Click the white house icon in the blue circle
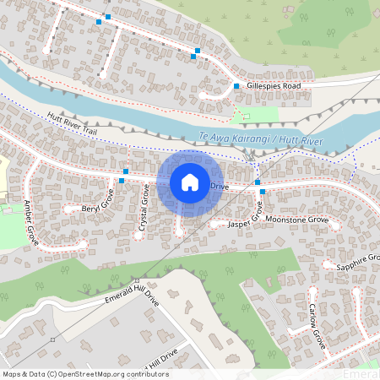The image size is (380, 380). pyautogui.click(x=190, y=182)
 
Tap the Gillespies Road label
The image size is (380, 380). pyautogui.click(x=274, y=86)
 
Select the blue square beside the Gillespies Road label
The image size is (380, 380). pyautogui.click(x=236, y=86)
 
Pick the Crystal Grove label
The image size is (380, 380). pyautogui.click(x=144, y=210)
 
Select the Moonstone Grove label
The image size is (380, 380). pyautogui.click(x=296, y=220)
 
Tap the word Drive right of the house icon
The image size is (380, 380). pyautogui.click(x=220, y=186)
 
